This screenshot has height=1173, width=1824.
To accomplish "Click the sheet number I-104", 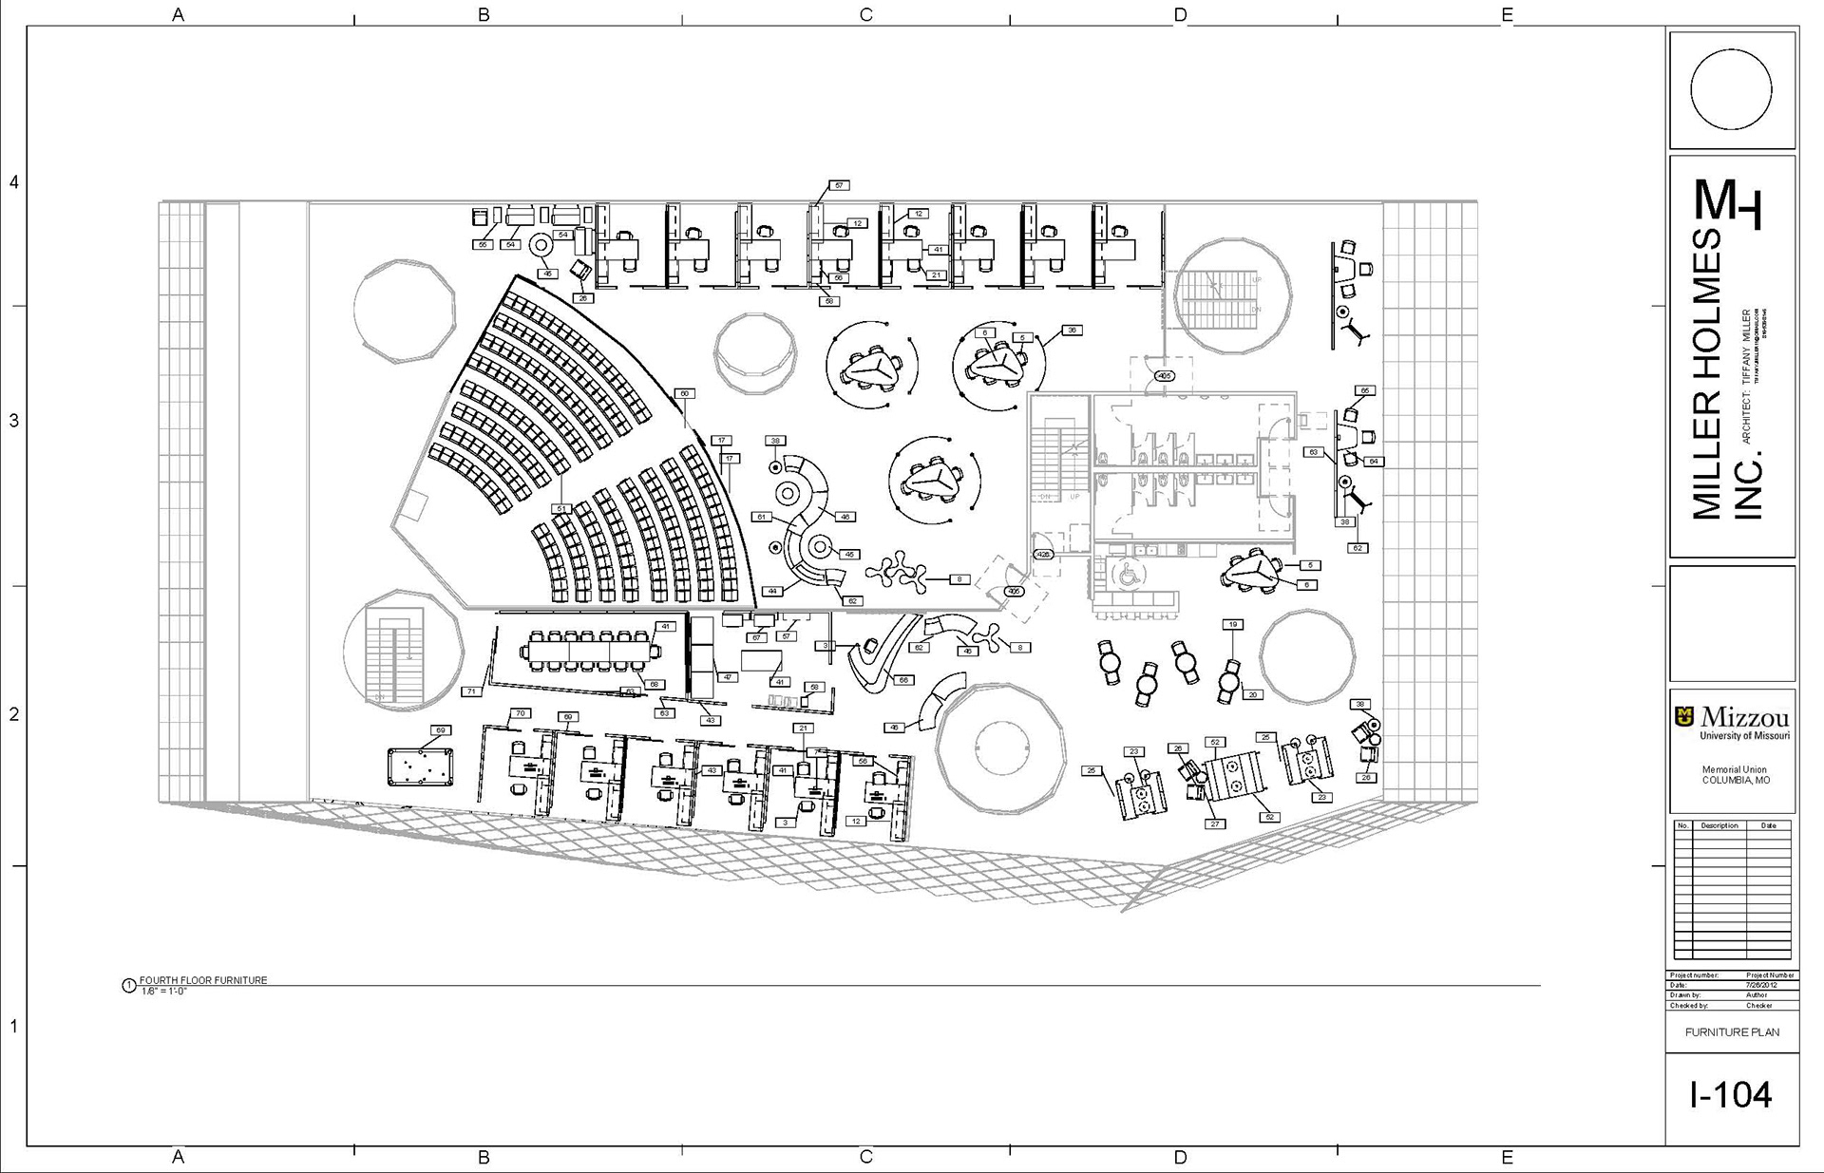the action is [1731, 1096].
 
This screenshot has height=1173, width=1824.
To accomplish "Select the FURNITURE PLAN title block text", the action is [1732, 1031].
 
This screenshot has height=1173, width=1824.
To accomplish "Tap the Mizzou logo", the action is [1732, 721].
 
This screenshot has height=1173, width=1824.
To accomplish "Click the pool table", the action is [420, 766].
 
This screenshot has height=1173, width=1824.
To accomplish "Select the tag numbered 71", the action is [471, 691].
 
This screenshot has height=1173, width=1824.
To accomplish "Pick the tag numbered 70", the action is [520, 713].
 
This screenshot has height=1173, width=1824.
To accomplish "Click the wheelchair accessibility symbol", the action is [1130, 575].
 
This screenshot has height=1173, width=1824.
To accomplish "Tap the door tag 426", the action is [1043, 554].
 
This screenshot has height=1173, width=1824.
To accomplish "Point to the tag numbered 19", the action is [1232, 624].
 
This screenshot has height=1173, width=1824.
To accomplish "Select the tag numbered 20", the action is [1252, 694].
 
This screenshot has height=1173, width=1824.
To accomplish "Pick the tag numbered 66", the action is [903, 680].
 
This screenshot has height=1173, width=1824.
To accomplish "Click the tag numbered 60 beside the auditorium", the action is [683, 393].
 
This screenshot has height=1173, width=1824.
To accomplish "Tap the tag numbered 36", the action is [1072, 331].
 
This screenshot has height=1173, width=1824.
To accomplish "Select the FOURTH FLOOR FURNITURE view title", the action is [203, 980].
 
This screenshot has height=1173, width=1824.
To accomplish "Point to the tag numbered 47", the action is [728, 677].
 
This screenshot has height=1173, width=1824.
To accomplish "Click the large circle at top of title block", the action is [1731, 89].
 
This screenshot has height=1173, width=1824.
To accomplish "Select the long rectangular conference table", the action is [591, 652].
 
